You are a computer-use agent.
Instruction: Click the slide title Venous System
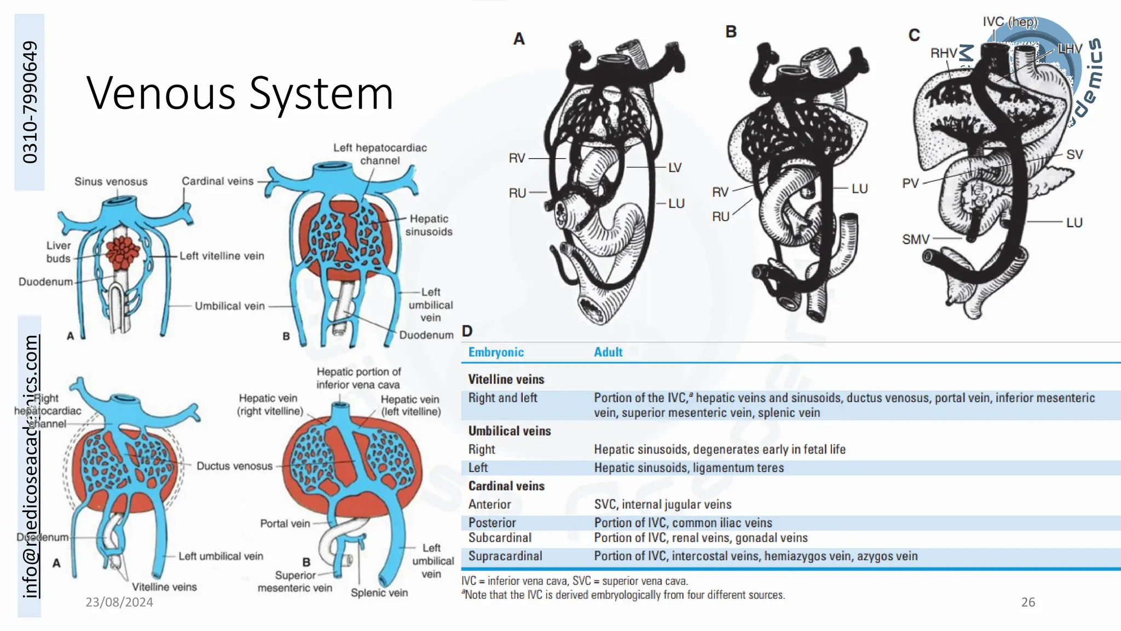(240, 93)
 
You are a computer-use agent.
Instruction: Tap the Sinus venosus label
(111, 181)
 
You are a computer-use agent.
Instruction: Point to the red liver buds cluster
(123, 253)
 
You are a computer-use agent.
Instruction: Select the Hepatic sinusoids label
(429, 225)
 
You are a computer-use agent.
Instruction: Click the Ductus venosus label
(234, 466)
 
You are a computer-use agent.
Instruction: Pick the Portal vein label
(285, 524)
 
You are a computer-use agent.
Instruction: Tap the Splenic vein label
(379, 593)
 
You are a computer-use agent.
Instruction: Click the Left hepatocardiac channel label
(380, 154)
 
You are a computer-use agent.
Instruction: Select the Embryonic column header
(496, 352)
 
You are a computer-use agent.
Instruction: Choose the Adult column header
(608, 352)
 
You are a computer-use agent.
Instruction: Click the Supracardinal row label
(505, 556)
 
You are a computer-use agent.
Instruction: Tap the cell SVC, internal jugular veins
(662, 504)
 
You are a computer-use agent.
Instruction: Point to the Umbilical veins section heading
(509, 431)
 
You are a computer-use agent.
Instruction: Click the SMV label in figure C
(915, 239)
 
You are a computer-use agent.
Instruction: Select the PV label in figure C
(910, 183)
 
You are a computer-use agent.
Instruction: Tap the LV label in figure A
(674, 168)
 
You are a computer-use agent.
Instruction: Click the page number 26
(1028, 602)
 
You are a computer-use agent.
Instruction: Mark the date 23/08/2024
(119, 602)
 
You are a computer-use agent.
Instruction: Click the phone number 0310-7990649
(30, 102)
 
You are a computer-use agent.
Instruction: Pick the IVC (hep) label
(1009, 22)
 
